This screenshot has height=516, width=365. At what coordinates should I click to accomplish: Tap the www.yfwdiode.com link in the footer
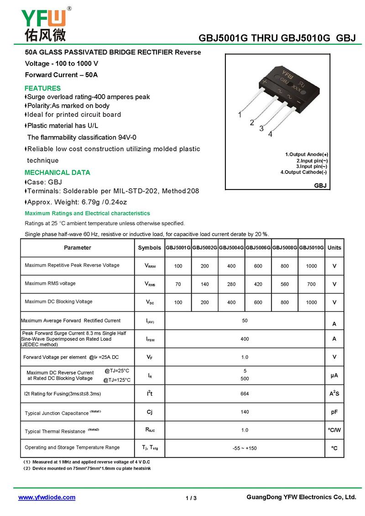(x=47, y=497)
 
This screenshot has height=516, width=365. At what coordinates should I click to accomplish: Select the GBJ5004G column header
(x=231, y=247)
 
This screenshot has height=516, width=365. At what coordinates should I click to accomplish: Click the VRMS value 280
(x=231, y=284)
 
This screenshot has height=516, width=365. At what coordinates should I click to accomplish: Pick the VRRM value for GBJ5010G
(x=312, y=266)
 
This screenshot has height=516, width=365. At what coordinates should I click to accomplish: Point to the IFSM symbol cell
(x=150, y=339)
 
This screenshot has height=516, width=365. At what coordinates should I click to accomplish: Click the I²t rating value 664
(x=245, y=394)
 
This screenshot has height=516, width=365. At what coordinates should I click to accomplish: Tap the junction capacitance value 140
(x=245, y=412)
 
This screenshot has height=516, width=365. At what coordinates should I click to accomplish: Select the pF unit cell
(x=334, y=412)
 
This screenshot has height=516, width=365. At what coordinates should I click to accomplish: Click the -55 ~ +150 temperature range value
(x=245, y=448)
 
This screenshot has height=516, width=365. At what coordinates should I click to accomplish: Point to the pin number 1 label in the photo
(x=240, y=115)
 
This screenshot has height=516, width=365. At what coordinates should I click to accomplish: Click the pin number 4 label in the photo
(x=270, y=134)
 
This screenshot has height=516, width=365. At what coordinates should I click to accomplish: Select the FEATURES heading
(x=42, y=88)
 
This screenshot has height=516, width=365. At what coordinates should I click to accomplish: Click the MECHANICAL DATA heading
(x=57, y=173)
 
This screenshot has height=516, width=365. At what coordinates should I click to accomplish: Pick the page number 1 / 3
(x=191, y=498)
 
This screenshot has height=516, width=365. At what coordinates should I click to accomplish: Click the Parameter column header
(x=78, y=247)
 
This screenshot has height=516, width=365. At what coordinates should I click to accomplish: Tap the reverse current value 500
(x=245, y=379)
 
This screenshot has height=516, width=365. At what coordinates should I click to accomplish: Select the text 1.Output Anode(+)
(x=307, y=154)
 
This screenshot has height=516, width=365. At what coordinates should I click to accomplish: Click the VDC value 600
(x=258, y=302)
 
